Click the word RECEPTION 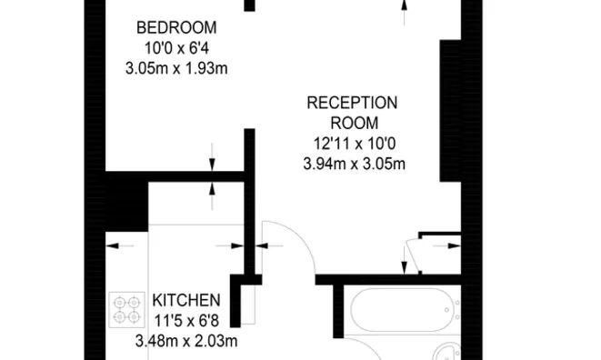353,102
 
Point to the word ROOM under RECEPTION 354,123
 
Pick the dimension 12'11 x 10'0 353,143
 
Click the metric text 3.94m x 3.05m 354,164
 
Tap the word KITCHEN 186,299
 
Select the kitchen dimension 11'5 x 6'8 185,320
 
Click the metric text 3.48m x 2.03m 186,341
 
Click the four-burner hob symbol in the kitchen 126,309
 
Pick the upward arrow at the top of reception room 404,9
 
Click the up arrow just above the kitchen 213,188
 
